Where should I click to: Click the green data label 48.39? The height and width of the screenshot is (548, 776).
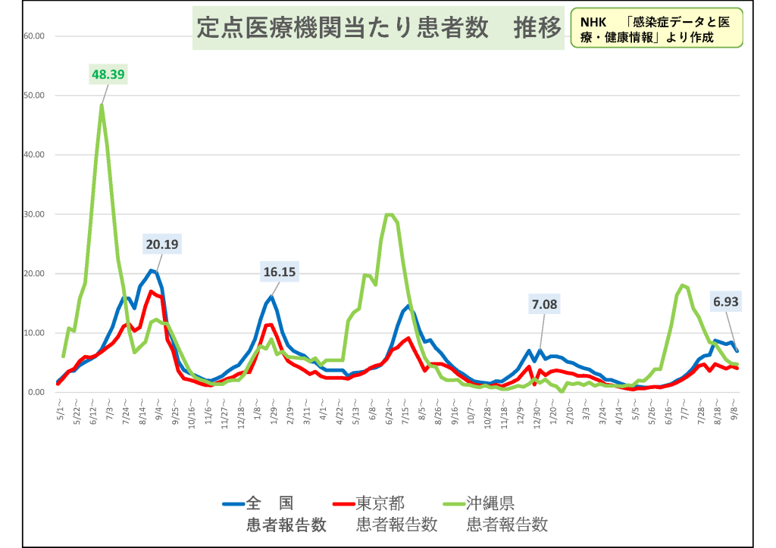click(108, 74)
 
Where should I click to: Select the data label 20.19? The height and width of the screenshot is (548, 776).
click(163, 244)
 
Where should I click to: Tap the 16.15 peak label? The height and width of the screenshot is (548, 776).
click(280, 272)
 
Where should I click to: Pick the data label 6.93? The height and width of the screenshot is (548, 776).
click(725, 301)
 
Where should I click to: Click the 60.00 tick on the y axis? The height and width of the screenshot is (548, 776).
click(36, 36)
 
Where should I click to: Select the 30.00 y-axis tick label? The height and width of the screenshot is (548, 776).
click(36, 214)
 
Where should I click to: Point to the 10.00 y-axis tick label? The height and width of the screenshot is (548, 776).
click(36, 333)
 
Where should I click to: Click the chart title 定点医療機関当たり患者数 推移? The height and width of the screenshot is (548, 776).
click(378, 29)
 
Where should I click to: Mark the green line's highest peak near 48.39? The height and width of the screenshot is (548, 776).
click(101, 105)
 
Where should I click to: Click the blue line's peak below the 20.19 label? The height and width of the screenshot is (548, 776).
click(151, 270)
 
